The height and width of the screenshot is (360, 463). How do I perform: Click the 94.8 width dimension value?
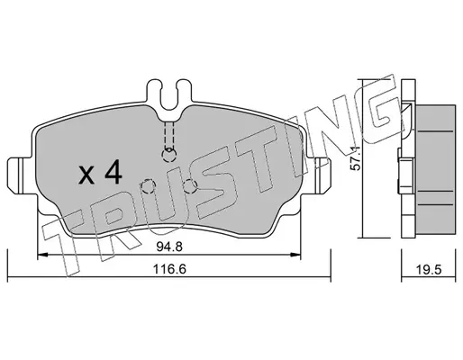click(169, 247)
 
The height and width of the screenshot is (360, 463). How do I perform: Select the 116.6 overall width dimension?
click(169, 269)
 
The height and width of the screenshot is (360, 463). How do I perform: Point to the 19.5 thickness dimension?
click(429, 269)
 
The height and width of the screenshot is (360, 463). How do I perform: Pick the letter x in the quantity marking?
click(86, 175)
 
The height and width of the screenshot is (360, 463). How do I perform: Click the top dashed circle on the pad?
click(169, 155)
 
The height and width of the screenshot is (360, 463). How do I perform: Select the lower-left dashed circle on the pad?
click(149, 186)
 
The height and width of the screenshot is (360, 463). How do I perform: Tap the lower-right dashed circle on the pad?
click(190, 186)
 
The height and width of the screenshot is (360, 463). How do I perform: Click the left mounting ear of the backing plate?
click(19, 175)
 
